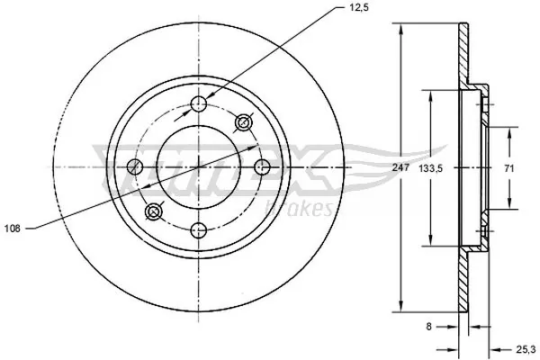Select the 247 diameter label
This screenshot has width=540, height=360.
(400, 167)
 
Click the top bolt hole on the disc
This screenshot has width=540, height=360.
(199, 105)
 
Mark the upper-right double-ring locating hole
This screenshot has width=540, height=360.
(242, 122)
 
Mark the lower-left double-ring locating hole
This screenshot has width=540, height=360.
(155, 211)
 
